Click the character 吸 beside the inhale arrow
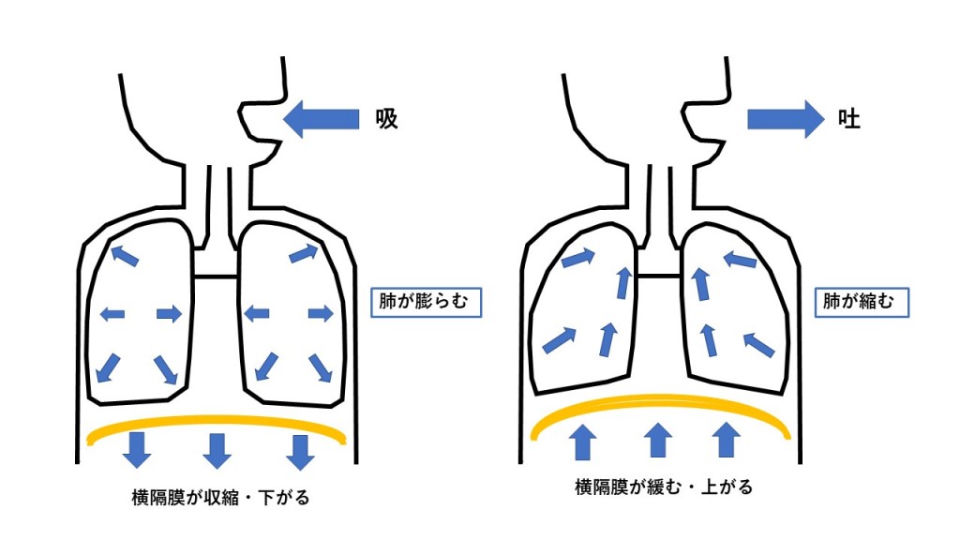click(386, 119)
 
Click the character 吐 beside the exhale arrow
click(849, 119)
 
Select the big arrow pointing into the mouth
click(322, 119)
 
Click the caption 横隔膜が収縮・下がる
click(221, 497)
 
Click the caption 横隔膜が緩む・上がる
click(664, 487)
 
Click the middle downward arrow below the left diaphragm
click(218, 450)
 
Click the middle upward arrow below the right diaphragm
click(659, 441)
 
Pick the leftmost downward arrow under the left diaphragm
click(138, 450)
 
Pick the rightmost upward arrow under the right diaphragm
click(727, 441)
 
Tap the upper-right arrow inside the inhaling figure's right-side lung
click(305, 251)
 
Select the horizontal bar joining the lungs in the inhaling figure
click(217, 276)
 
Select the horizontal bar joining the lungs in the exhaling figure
click(658, 276)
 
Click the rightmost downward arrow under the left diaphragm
click(300, 450)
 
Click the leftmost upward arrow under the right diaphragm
click(583, 441)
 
